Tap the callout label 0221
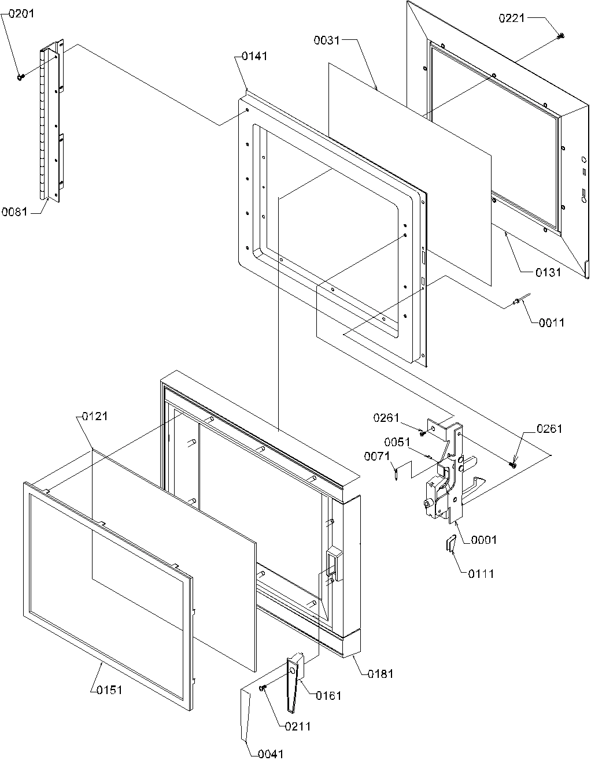(x=511, y=18)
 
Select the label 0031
(x=327, y=40)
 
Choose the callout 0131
(x=547, y=273)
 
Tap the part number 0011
(x=551, y=322)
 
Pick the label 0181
(x=381, y=674)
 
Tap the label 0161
(x=328, y=696)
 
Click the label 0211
(x=297, y=726)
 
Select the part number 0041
(x=271, y=754)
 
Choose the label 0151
(x=109, y=690)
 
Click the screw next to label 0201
(x=21, y=77)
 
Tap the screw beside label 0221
(x=560, y=36)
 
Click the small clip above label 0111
(x=450, y=544)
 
